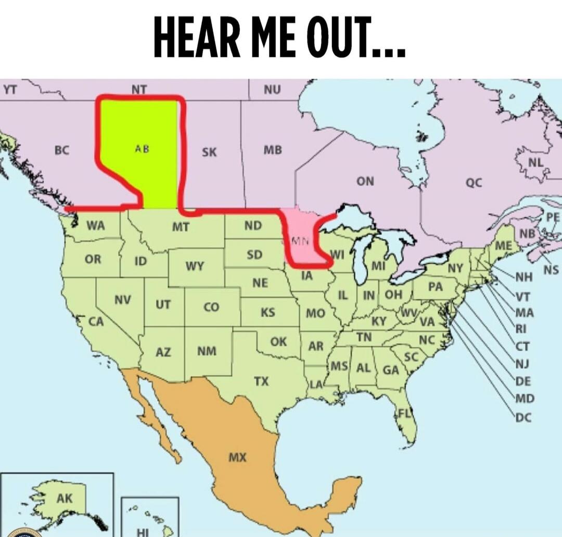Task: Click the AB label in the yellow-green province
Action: tap(142, 148)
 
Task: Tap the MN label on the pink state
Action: tap(300, 241)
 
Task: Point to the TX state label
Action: tap(261, 381)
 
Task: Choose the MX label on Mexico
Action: tap(237, 458)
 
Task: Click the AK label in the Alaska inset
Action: tap(65, 498)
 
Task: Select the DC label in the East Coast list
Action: tap(523, 417)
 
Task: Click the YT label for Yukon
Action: tap(9, 89)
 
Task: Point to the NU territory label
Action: tap(272, 89)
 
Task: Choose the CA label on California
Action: tap(95, 322)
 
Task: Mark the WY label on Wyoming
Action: tap(195, 267)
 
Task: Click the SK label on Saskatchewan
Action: tap(209, 152)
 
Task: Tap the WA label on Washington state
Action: tap(95, 225)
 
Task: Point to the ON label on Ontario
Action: tap(365, 181)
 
